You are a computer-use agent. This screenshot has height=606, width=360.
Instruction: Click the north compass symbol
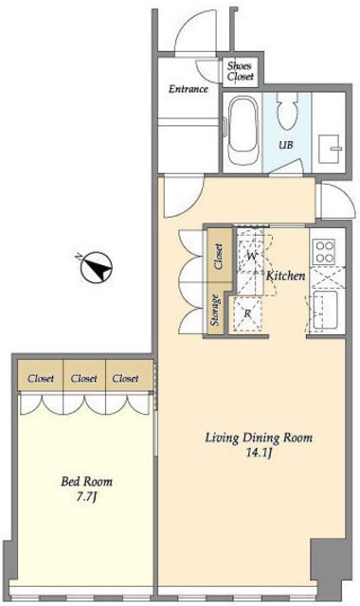click(x=96, y=267)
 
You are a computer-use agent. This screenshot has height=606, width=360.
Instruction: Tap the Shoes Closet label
click(x=240, y=71)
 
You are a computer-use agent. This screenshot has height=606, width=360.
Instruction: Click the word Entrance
click(x=189, y=89)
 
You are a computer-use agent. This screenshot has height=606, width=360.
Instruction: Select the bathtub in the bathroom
click(x=243, y=131)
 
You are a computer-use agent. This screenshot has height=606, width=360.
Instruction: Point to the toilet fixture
click(x=287, y=112)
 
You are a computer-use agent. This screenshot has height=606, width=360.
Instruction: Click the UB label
click(x=286, y=145)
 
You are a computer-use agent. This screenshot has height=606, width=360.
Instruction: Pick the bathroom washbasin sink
click(x=330, y=149)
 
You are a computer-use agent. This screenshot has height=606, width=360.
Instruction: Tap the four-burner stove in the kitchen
click(x=324, y=252)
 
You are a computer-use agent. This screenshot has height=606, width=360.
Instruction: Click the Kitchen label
click(x=285, y=276)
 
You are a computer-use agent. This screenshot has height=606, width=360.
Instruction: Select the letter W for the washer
click(x=252, y=256)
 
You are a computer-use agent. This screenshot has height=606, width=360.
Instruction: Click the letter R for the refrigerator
click(x=247, y=313)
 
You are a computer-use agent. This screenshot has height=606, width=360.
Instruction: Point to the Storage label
click(x=216, y=310)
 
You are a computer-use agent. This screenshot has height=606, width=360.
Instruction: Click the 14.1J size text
click(x=259, y=453)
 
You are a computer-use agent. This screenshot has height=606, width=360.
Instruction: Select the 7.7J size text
click(x=86, y=496)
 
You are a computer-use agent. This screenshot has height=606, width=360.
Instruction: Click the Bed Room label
click(x=86, y=482)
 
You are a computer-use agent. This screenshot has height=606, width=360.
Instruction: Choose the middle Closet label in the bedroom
click(x=84, y=378)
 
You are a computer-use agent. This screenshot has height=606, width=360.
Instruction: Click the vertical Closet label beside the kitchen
click(x=219, y=257)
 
